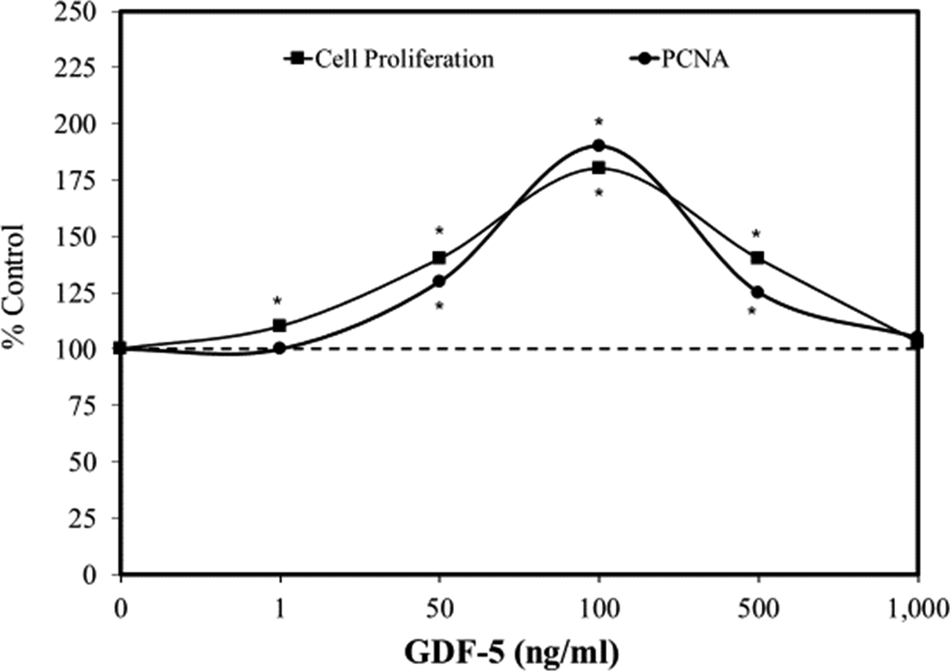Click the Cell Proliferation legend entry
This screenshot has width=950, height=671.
point(389,59)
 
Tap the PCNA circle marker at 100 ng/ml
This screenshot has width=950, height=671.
point(599,146)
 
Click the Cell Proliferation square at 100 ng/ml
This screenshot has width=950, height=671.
point(599,168)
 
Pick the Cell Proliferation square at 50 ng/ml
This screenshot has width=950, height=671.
point(439,258)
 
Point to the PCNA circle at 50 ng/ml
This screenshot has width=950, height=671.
point(439,281)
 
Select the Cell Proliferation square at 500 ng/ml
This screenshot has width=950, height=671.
point(758,258)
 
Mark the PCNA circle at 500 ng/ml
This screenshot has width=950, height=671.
point(758,292)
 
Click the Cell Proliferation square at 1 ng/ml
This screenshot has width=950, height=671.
point(280,326)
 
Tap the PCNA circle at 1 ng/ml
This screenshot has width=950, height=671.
point(280,348)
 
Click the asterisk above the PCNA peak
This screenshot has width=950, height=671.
point(599,123)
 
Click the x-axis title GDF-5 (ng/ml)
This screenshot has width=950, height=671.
point(512,653)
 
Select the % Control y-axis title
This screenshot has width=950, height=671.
point(14,286)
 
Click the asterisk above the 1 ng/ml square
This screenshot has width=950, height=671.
point(277,301)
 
